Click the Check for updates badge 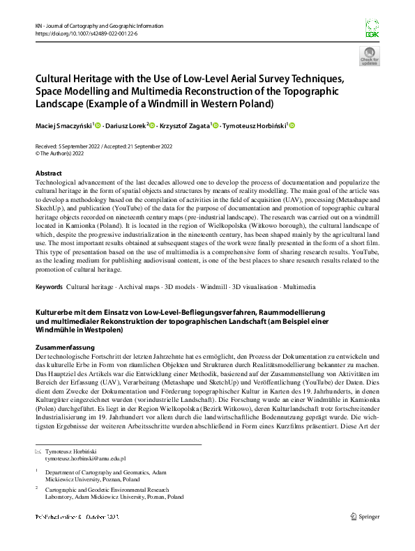369,56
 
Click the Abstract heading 49,173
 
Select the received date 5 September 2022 84,146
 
